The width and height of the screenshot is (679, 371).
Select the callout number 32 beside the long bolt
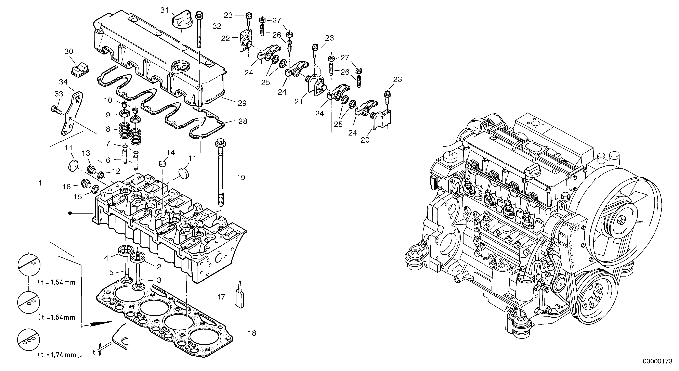click(x=217, y=26)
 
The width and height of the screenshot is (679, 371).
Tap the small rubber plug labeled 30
click(x=80, y=70)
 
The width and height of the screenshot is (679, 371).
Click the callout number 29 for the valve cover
click(x=242, y=103)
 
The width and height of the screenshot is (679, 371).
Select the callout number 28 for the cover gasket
click(x=243, y=121)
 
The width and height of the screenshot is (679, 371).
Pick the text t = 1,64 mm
click(x=57, y=317)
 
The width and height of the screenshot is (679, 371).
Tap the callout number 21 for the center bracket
click(x=299, y=102)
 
